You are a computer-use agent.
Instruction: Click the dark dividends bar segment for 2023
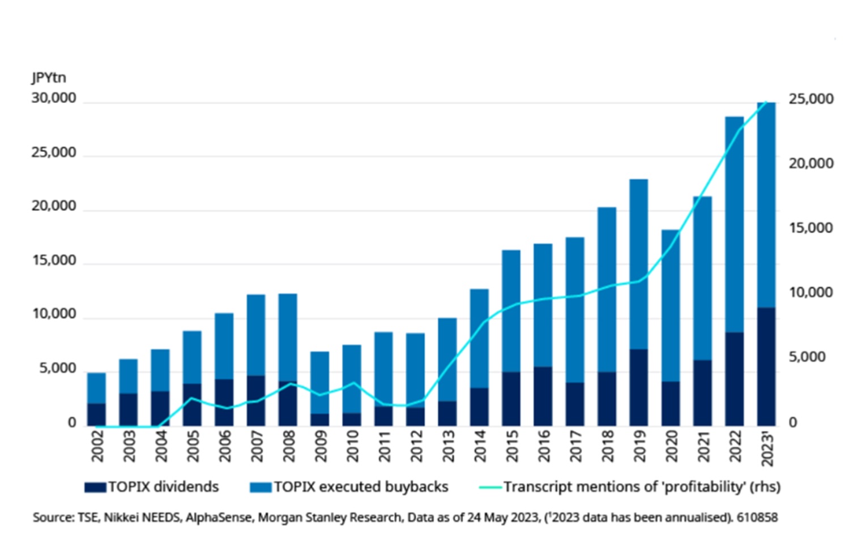[x=766, y=367]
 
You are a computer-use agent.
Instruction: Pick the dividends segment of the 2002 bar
[x=96, y=414]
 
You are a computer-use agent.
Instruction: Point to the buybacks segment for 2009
[x=319, y=382]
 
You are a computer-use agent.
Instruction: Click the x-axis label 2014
[x=479, y=446]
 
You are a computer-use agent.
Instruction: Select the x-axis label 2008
[x=288, y=446]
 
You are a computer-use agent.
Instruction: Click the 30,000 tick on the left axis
[x=54, y=99]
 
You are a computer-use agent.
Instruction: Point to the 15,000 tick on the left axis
[x=54, y=261]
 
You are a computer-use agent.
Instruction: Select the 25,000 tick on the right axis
[x=810, y=99]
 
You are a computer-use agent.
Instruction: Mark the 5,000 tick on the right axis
[x=807, y=357]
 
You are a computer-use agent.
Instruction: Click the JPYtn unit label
[x=49, y=78]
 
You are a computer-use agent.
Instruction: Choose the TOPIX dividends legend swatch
[x=95, y=487]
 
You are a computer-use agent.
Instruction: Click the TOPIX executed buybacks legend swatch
[x=261, y=487]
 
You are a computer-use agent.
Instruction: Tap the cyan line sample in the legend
[x=490, y=487]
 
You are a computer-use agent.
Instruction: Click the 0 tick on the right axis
[x=793, y=422]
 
